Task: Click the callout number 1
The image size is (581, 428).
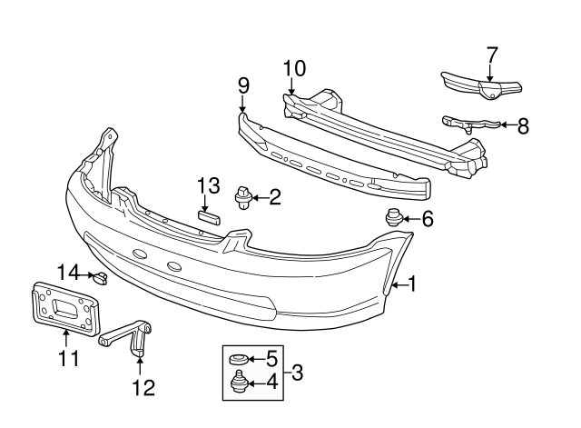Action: pos(411,284)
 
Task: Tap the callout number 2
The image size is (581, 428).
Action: pos(274,194)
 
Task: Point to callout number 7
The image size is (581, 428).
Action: pos(491,54)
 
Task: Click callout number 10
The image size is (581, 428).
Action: pos(294,67)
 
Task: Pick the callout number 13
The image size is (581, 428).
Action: pos(208,184)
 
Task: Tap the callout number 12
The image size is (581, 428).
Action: pos(143,388)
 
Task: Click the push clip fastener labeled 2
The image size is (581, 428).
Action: pos(243,195)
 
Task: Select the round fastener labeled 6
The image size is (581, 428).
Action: pos(392,218)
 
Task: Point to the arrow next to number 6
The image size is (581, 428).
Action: pos(409,218)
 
